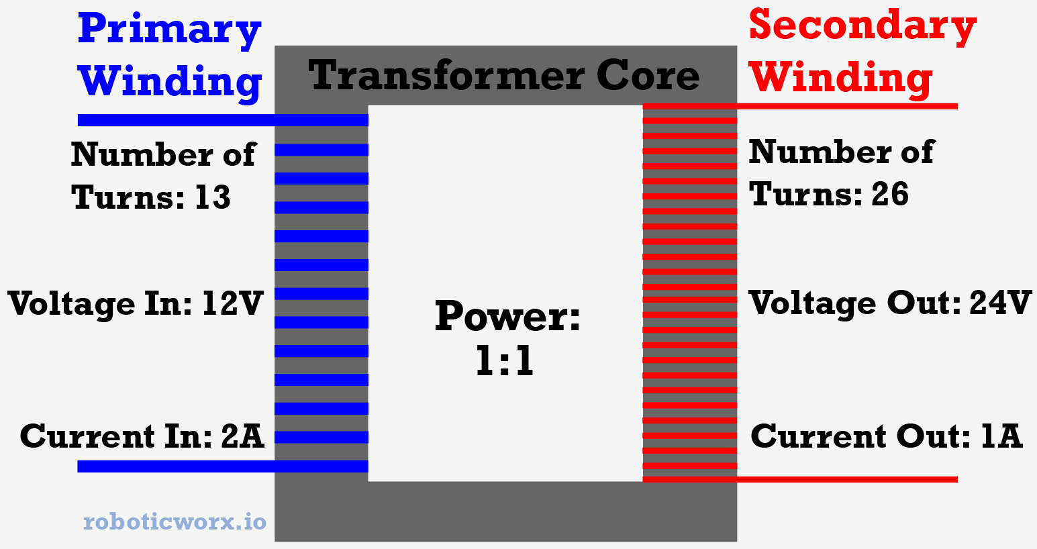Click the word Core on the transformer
pos(648,75)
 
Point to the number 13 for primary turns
pos(213,197)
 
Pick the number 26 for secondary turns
pos(890,194)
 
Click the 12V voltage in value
pos(232,303)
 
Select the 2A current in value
pos(242,436)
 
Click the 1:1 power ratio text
pos(505,361)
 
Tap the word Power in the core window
pos(507,316)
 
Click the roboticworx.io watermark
pos(175,521)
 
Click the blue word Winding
pos(170,82)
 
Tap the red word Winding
pos(840,79)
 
